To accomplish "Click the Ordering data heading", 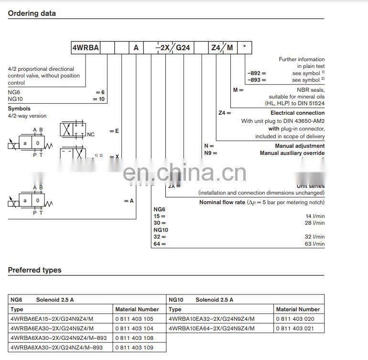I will (32, 13).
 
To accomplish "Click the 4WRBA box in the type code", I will (85, 47).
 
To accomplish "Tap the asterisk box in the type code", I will (245, 47).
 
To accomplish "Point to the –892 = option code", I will (257, 73).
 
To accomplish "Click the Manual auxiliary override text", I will (292, 153).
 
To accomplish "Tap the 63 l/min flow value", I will (314, 244).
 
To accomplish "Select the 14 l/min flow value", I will (314, 216).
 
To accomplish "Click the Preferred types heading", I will (34, 270).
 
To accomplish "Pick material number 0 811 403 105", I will (134, 319).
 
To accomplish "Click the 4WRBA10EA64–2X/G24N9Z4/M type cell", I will (211, 328).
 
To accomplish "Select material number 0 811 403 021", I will (295, 328).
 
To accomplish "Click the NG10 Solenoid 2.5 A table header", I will (201, 300).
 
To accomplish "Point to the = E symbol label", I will (114, 131).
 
